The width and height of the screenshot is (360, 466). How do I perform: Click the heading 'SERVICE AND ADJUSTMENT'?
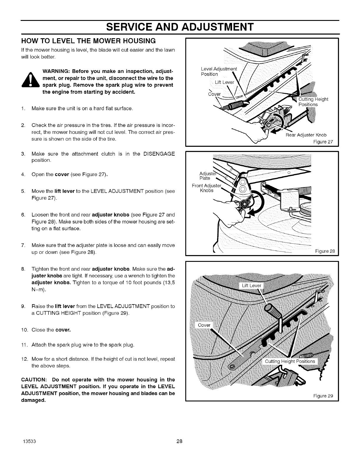(180, 27)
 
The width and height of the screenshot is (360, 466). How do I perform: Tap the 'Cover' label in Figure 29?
(204, 325)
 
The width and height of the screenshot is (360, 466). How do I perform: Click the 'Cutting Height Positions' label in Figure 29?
(290, 361)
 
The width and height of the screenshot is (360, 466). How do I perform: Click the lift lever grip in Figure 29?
(272, 310)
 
